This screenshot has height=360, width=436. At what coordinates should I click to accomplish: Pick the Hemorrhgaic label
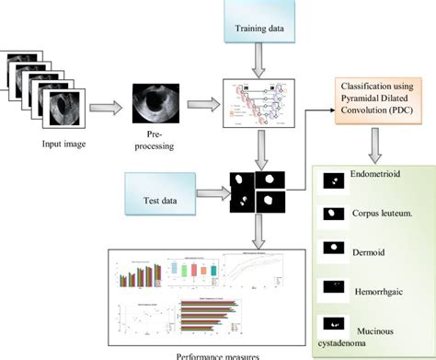point(377,287)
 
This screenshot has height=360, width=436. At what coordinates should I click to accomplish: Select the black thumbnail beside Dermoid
point(331,250)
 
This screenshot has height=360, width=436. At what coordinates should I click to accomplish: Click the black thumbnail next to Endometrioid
point(331,182)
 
